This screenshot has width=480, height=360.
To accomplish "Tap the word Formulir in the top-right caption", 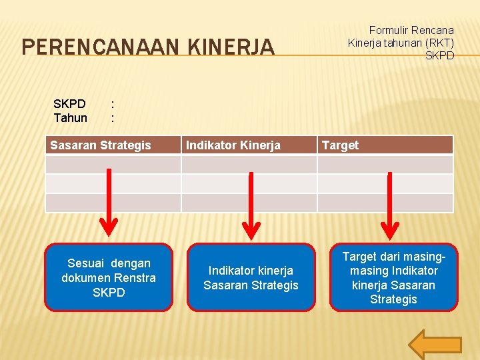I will (390, 30).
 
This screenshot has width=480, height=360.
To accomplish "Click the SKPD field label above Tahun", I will (69, 104).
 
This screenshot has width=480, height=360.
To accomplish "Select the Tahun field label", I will (70, 118).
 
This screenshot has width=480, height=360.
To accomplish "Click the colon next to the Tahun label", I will (113, 118).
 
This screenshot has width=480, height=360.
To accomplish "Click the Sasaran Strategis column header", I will (101, 145).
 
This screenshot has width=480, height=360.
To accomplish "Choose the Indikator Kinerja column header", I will (233, 145).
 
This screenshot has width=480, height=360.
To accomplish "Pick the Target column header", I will (340, 145).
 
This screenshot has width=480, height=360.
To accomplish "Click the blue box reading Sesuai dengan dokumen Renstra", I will (109, 277).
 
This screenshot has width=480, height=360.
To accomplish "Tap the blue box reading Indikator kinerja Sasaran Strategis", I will (251, 277).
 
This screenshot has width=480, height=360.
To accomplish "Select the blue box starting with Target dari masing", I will (393, 277).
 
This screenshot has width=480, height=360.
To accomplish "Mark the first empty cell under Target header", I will (385, 165).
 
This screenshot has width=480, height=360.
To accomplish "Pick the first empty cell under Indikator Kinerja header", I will (249, 165).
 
